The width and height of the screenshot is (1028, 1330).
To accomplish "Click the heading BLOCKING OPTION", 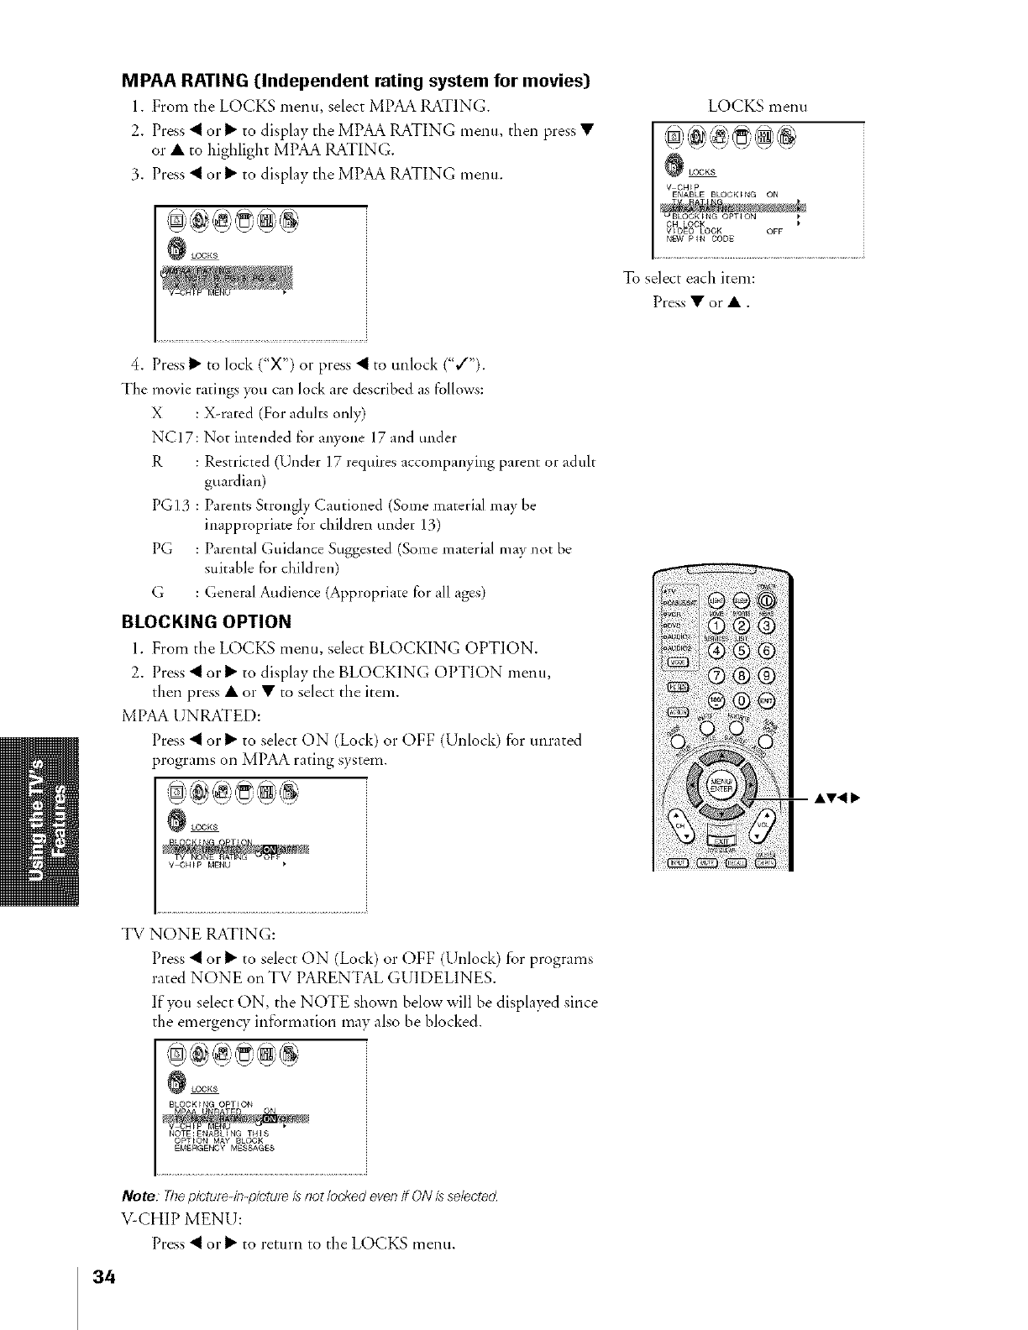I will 207,622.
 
